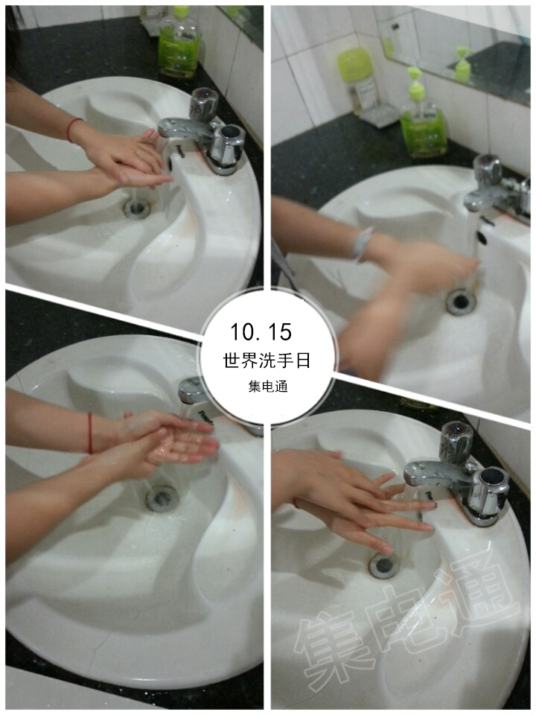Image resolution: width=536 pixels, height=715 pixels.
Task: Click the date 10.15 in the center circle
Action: click(x=261, y=331)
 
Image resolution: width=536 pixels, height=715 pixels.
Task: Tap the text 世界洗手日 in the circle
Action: click(x=267, y=360)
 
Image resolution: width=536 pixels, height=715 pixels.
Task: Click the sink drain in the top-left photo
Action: click(x=137, y=208)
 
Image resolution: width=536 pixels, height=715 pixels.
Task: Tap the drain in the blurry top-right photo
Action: click(x=461, y=302)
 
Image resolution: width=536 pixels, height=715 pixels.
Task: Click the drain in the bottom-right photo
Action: click(x=384, y=565)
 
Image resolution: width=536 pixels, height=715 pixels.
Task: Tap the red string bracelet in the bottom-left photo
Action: click(x=90, y=433)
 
